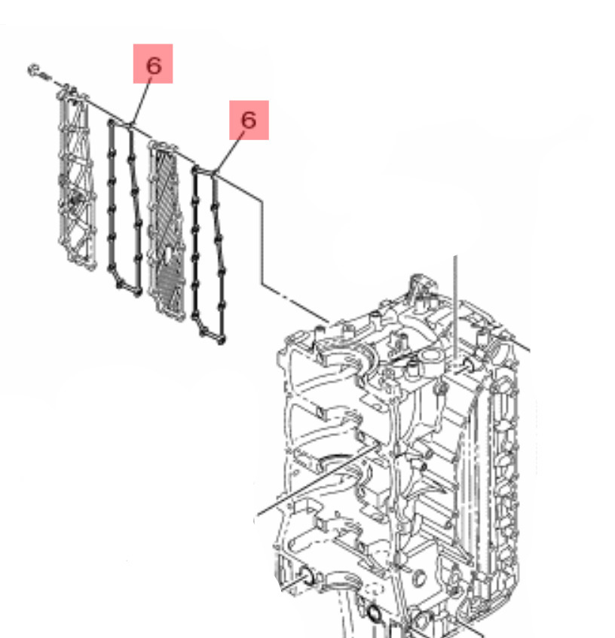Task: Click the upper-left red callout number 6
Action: [x=153, y=64]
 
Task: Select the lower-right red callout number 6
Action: [x=249, y=120]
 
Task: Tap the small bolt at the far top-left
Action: [x=38, y=72]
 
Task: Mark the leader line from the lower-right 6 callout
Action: [x=230, y=152]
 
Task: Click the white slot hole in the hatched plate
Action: [x=167, y=255]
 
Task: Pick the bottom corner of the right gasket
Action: [x=222, y=340]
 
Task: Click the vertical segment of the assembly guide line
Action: [x=262, y=242]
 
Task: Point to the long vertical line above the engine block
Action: [x=456, y=308]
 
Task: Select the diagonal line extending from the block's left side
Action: [x=318, y=480]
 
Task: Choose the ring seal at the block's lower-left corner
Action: [x=307, y=576]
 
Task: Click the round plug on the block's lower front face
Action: [x=419, y=578]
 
